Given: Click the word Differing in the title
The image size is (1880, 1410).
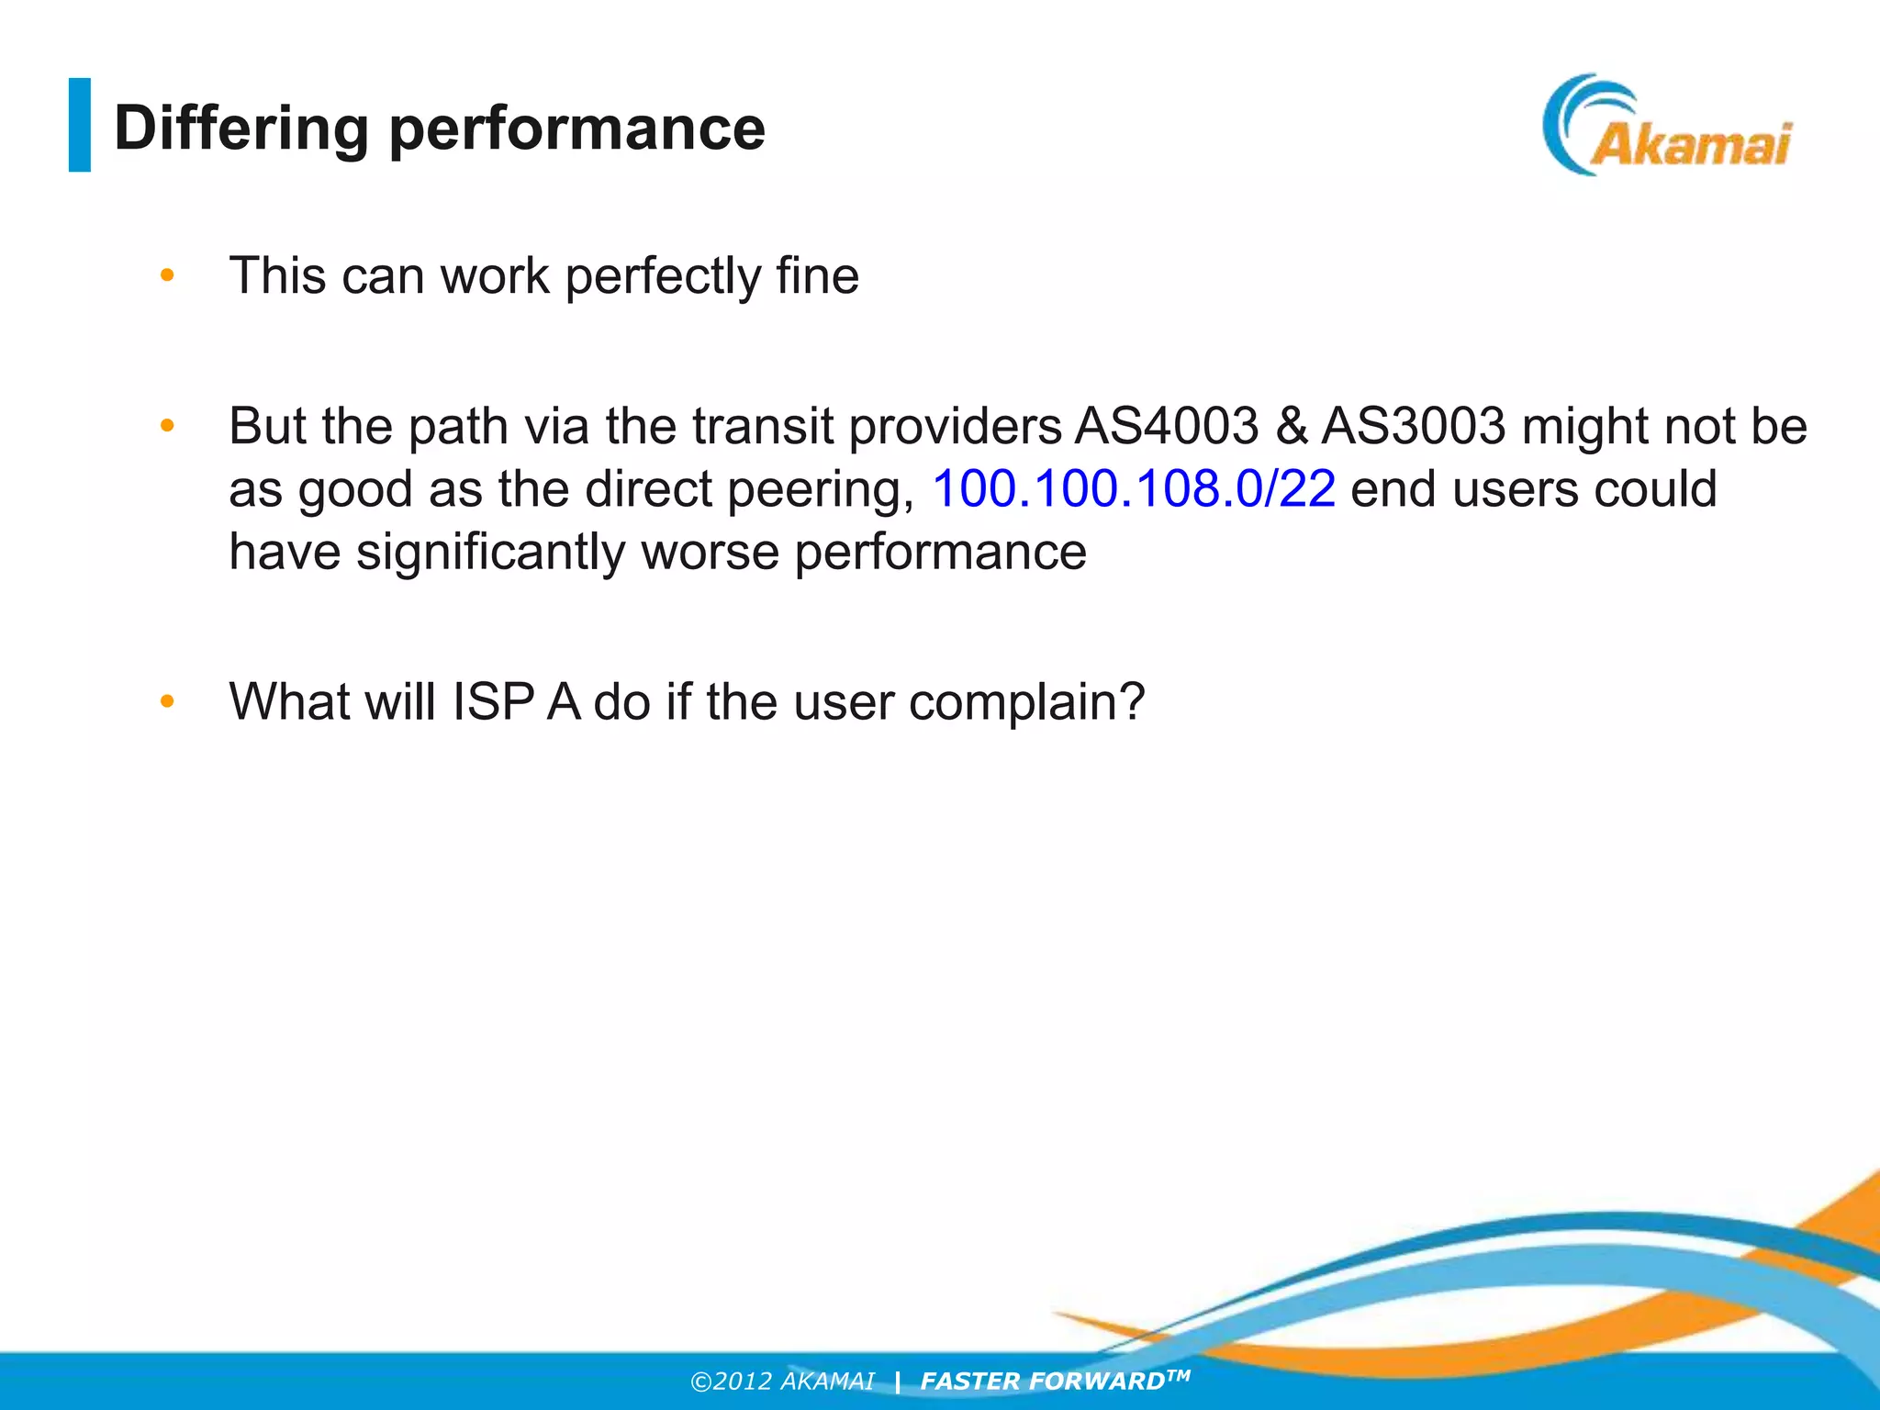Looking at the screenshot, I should point(241,129).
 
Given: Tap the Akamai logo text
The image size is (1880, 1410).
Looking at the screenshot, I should point(1689,145).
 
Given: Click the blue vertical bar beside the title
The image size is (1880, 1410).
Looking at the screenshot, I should point(80,125).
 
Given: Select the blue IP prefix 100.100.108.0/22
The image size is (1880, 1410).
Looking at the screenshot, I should point(1133,488).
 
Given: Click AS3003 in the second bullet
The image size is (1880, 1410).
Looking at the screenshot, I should point(1414,426).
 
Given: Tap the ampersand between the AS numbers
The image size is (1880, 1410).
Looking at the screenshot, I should point(1291,426).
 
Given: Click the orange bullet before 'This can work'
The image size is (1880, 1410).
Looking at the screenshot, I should point(167,274).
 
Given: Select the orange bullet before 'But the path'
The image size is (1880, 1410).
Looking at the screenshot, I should point(167,425).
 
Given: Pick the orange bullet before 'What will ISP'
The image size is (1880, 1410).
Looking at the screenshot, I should point(167,701).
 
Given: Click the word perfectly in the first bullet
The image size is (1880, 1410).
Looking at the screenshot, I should point(663,276).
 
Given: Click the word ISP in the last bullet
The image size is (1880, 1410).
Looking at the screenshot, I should point(493,702).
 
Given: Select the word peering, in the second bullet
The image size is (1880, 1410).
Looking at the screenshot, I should point(821,489).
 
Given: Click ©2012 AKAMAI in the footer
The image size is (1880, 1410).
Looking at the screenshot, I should point(782,1382).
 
